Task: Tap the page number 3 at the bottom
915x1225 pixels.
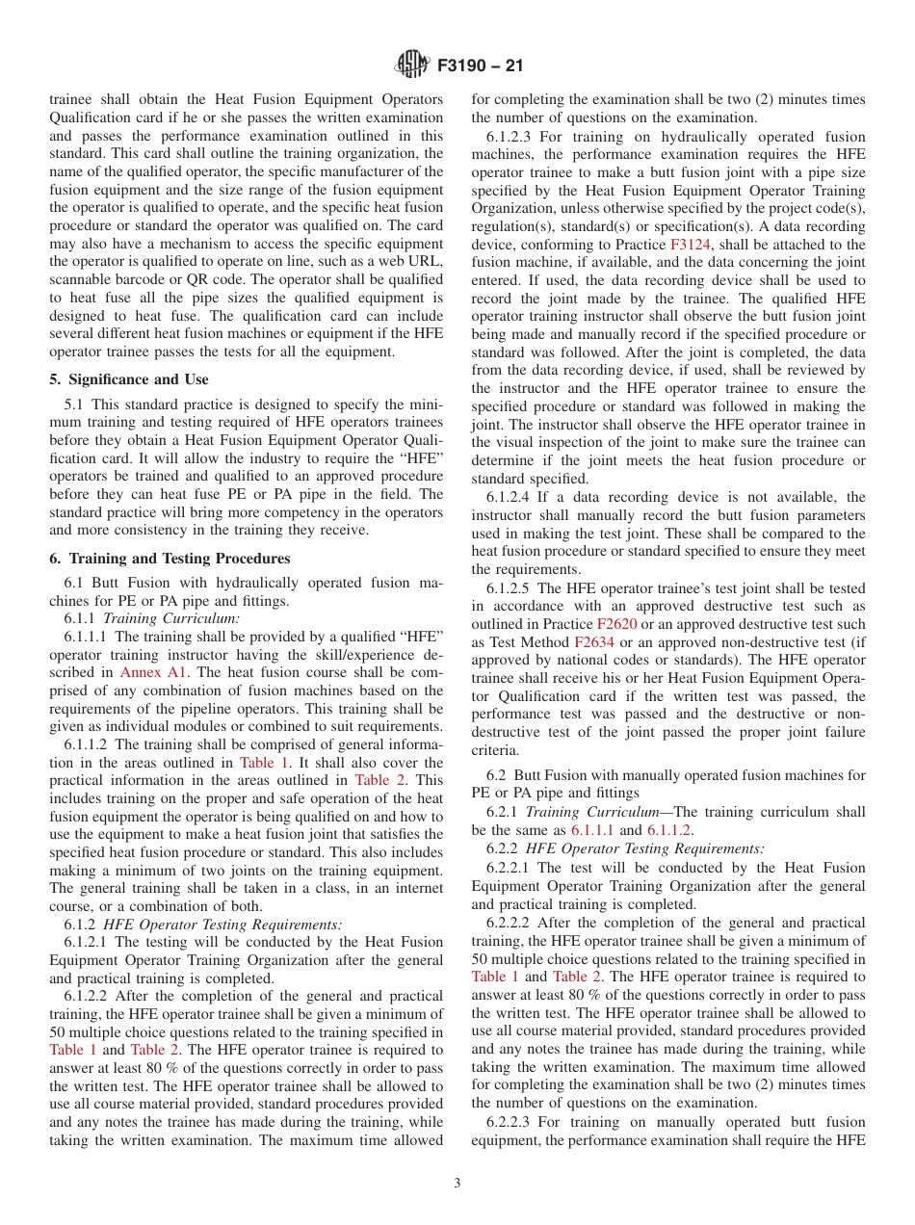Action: [457, 1183]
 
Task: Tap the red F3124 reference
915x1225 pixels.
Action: [691, 246]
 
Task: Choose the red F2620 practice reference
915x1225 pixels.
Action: [615, 624]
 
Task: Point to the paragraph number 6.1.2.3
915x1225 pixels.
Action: [517, 137]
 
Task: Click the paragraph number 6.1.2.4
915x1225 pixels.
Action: [517, 498]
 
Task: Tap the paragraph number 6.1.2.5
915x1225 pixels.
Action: [517, 588]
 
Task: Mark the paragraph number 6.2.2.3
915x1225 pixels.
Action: [517, 1122]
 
